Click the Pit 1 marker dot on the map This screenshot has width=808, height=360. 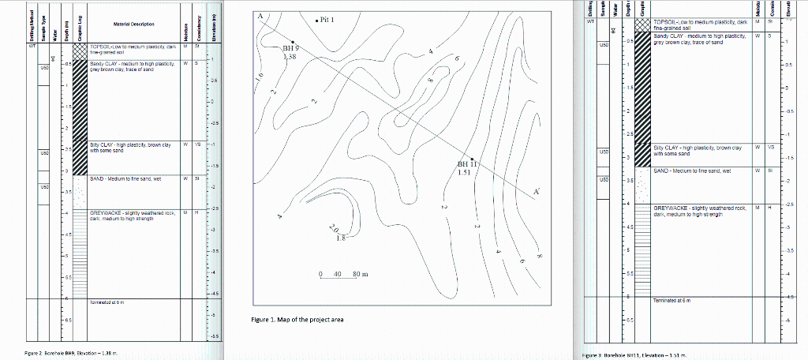[317, 21]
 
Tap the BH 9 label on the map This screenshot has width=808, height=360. [290, 49]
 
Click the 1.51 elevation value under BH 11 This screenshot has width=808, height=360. [466, 174]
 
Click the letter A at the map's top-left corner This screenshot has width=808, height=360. [260, 17]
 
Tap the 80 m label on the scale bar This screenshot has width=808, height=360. [361, 274]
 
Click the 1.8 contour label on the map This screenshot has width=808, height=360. [341, 237]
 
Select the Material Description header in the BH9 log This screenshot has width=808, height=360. [133, 25]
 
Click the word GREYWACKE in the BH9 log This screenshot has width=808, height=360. [106, 213]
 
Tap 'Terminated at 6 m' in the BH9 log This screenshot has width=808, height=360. [107, 302]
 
